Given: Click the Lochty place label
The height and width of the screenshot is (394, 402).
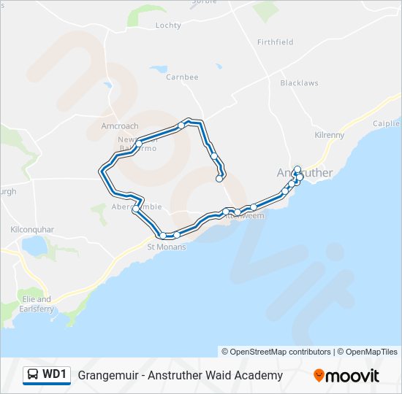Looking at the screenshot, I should [x=168, y=25].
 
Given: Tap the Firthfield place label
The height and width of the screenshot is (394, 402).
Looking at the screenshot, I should [x=275, y=42].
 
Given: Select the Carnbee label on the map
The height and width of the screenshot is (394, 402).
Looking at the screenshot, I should [x=182, y=77].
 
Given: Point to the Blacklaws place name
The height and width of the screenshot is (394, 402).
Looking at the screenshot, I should [x=300, y=83].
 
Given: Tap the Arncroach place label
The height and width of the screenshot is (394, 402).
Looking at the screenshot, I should [x=119, y=126].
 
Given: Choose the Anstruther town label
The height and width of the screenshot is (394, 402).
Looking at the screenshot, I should [x=305, y=173].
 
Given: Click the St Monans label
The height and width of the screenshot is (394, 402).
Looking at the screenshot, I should [x=167, y=247].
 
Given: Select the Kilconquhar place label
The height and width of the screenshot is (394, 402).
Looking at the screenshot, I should [x=32, y=229].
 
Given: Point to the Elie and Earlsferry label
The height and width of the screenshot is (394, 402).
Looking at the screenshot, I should [x=34, y=304].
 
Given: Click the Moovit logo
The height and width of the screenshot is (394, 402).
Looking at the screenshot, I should [x=346, y=376].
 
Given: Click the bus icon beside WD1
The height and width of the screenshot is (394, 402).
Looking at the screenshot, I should [x=33, y=375].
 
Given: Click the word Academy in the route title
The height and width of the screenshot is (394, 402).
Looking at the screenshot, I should [x=258, y=375].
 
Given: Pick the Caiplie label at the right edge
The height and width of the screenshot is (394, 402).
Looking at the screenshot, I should [x=387, y=124].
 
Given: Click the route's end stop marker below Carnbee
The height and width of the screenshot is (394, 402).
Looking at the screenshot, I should [x=219, y=178].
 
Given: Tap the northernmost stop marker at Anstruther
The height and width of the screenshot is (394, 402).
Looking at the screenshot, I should [x=297, y=169].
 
